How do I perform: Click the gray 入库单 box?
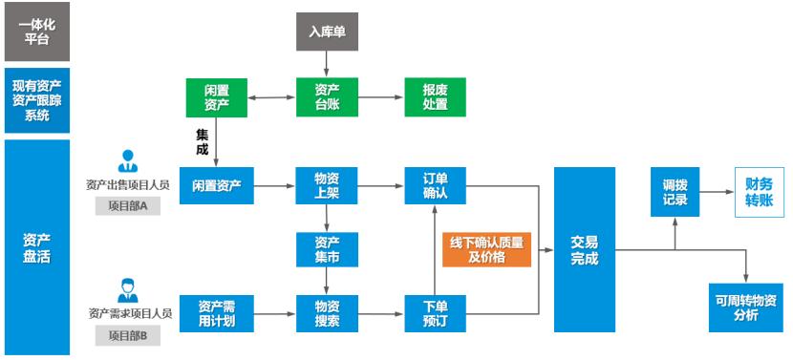pos(327,32)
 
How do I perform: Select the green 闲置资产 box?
pos(217,96)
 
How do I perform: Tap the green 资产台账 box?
pos(327,96)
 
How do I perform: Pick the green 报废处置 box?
pos(435,96)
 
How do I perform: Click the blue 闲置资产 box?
pos(217,184)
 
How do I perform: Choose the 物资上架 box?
pos(327,184)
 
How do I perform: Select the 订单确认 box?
pos(435,184)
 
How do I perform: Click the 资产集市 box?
pos(327,250)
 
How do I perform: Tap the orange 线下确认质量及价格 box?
pos(486,250)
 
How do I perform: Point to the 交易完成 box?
pos(584,250)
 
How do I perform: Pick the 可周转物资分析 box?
pos(745,307)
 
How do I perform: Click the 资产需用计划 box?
pos(217,313)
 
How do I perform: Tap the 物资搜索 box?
pos(327,313)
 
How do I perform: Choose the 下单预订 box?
pos(435,313)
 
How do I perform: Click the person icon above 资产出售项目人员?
pos(127,160)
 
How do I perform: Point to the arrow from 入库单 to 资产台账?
pos(327,63)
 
